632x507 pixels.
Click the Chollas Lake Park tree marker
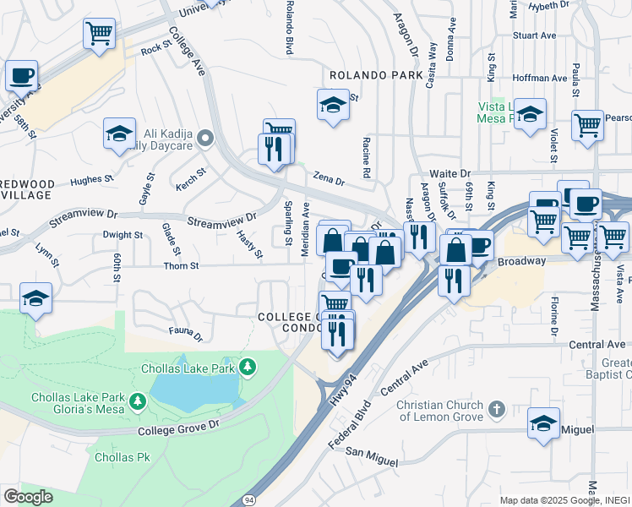coord(248,367)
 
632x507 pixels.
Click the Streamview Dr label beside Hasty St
coord(221,221)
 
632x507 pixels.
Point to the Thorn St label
coord(182,266)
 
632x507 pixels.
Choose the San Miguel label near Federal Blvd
coord(371,459)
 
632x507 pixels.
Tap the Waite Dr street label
coord(449,172)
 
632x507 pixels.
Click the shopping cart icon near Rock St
coord(99,34)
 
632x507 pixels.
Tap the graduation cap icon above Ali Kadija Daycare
coord(120,132)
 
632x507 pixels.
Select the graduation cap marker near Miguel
coord(543,422)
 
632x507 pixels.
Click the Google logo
coord(28,496)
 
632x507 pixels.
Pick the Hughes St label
coord(92,180)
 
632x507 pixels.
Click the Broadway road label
coord(521,261)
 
